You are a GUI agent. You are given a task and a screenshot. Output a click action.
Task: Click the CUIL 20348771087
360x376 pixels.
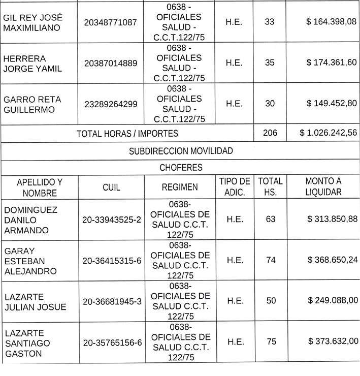[x=111, y=22]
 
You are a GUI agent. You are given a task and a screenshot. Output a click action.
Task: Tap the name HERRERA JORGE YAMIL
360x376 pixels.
[x=32, y=63]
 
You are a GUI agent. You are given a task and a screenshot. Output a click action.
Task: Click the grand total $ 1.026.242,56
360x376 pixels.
[x=328, y=134]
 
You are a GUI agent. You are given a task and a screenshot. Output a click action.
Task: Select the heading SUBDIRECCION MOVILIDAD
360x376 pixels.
[x=181, y=151]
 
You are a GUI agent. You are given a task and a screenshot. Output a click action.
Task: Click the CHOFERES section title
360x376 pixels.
[x=181, y=167]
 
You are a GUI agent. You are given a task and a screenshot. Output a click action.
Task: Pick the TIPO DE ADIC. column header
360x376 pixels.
[x=234, y=187]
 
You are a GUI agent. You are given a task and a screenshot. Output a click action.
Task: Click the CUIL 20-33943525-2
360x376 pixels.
[x=112, y=220]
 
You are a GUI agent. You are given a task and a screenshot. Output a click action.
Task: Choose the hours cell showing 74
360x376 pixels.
[x=271, y=260]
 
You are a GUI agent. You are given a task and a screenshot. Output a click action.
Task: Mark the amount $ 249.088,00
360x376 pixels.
[x=333, y=300]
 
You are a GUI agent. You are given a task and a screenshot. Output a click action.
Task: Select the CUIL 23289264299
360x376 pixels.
[x=111, y=104]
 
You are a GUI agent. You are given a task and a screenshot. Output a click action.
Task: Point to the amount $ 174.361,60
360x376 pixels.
[x=332, y=63]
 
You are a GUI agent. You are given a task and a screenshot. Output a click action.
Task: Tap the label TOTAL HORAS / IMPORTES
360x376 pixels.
[x=127, y=134]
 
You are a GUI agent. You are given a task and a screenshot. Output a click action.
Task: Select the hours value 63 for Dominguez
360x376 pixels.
[x=271, y=220]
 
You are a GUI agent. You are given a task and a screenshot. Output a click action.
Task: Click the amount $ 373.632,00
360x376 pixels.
[x=333, y=341]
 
